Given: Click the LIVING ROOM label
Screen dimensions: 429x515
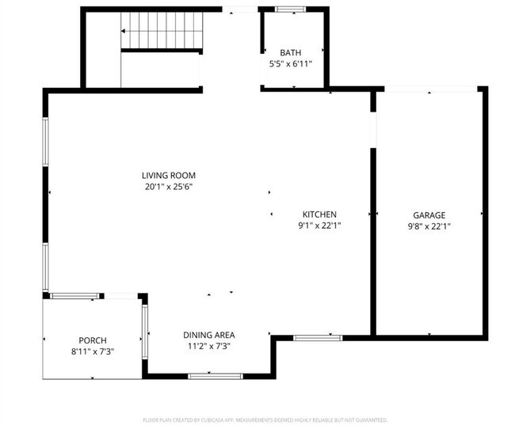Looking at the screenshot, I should (168, 175).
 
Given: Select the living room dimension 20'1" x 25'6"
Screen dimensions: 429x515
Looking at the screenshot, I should (168, 187).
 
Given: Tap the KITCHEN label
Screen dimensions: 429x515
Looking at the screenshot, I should (319, 214).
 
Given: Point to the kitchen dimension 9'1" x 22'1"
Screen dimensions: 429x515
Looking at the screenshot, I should (319, 226).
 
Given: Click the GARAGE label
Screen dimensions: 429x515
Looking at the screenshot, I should (429, 214).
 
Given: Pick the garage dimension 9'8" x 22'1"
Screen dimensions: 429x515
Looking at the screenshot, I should (429, 226).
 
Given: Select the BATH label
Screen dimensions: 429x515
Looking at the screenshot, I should (290, 53).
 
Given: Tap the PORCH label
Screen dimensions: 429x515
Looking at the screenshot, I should (92, 340).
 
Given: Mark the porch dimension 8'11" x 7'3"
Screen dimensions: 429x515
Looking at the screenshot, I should (92, 351).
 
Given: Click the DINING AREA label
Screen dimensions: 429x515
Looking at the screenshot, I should (208, 335).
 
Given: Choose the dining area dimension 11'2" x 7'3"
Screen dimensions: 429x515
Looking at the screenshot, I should (208, 346).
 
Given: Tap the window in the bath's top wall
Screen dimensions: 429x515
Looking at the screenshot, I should (290, 9).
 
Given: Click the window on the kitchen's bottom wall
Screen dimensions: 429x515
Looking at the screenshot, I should (318, 338).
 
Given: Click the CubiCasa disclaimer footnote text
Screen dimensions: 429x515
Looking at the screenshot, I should (264, 420).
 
